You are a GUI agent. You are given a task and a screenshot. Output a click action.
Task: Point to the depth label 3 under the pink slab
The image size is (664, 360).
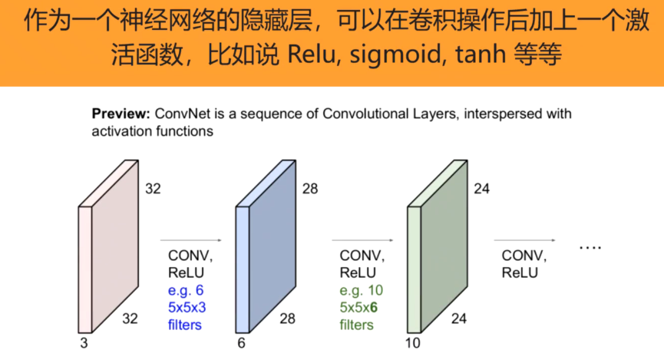pos(83,344)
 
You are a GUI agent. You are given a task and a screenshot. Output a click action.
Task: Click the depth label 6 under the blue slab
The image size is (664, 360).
pos(241,344)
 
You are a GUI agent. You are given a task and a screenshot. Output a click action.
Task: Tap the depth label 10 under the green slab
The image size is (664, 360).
pos(413,344)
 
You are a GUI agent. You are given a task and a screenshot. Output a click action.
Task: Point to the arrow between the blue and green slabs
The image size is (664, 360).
pos(361,239)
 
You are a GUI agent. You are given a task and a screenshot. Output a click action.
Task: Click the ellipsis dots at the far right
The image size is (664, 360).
pos(590,248)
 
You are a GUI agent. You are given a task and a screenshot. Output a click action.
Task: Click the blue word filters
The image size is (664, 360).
pos(185,325)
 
